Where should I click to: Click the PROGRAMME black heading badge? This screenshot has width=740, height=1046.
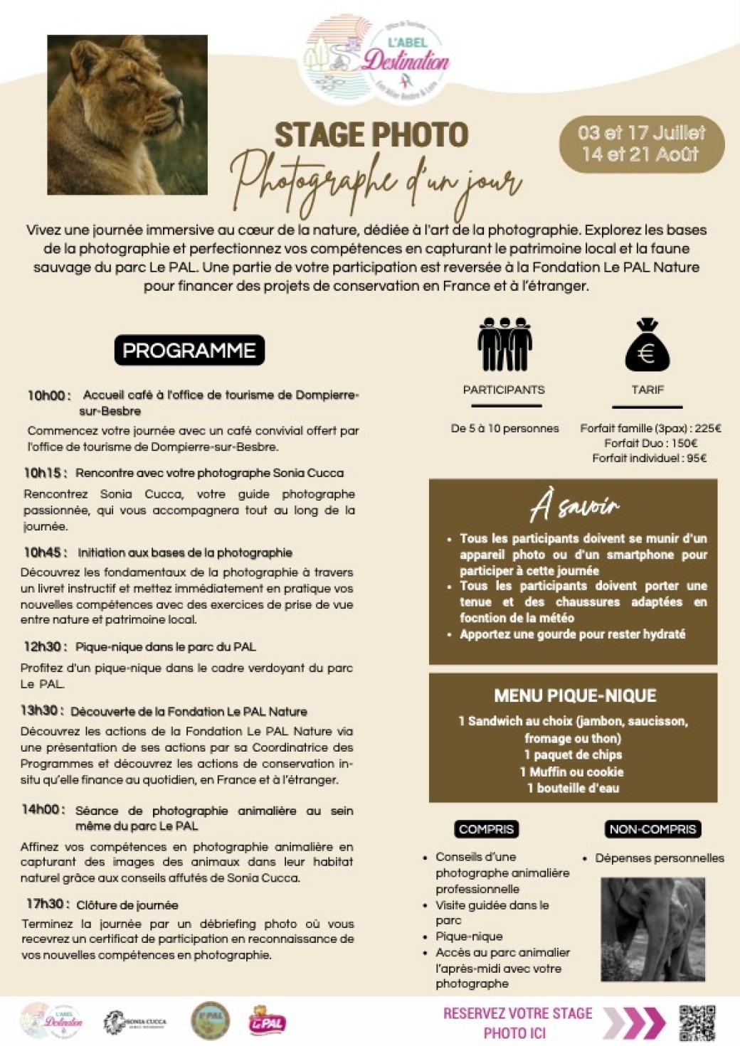[189, 351]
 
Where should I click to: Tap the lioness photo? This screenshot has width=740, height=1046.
[127, 115]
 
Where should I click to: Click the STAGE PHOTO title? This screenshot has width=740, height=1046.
[371, 135]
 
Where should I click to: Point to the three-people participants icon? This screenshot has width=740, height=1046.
[504, 345]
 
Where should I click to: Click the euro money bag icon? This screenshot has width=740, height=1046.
[647, 346]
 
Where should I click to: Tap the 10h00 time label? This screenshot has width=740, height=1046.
[48, 395]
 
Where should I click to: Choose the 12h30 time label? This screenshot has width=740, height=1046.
[45, 646]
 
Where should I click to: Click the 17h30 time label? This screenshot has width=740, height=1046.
[47, 904]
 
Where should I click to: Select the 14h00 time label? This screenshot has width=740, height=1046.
[43, 810]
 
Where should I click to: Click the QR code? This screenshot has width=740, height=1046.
[697, 1023]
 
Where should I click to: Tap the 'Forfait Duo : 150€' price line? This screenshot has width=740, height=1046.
[650, 443]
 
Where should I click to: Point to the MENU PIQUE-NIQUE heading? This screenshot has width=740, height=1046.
[575, 695]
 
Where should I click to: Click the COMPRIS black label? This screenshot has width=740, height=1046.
[487, 829]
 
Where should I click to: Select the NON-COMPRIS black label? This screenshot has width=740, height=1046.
[652, 829]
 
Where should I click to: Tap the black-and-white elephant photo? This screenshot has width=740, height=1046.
[652, 929]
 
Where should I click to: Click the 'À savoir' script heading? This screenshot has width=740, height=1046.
[574, 508]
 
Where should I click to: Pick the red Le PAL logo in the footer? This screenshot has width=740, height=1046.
[267, 1022]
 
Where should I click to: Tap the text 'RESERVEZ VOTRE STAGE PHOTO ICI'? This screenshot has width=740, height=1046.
[517, 1023]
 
